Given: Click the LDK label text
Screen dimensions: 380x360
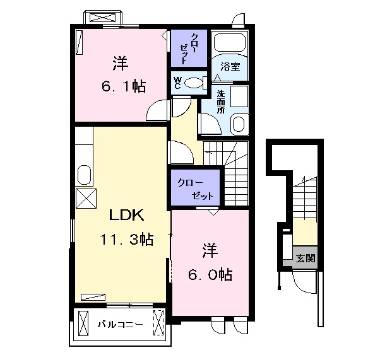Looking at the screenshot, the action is [x=127, y=215].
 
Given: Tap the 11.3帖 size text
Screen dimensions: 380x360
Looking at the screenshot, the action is [x=126, y=239].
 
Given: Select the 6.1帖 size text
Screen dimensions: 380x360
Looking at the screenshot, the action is [x=124, y=86].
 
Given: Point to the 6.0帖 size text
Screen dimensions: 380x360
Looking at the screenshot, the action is [x=210, y=274].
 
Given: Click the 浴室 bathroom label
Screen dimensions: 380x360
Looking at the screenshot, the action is [x=230, y=67].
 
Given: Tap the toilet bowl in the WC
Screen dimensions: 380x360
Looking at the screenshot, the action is [x=193, y=83].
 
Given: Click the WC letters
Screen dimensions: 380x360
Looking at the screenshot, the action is [x=177, y=83].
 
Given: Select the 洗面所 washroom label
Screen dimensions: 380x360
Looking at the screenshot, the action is [x=220, y=102].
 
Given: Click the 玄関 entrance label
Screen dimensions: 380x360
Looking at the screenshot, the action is [x=306, y=258].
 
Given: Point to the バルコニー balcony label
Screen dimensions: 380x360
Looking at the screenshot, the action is [x=120, y=324].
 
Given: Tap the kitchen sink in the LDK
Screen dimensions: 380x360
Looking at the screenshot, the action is [x=85, y=175].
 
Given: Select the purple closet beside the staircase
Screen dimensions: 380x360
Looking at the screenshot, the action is [x=195, y=188].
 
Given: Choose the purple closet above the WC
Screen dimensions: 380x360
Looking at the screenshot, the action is [x=189, y=48].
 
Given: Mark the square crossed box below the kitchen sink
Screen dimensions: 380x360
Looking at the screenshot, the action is [x=86, y=199].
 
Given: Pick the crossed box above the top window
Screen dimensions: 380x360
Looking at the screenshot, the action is [x=102, y=18].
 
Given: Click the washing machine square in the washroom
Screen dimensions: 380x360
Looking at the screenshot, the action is [x=239, y=96].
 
